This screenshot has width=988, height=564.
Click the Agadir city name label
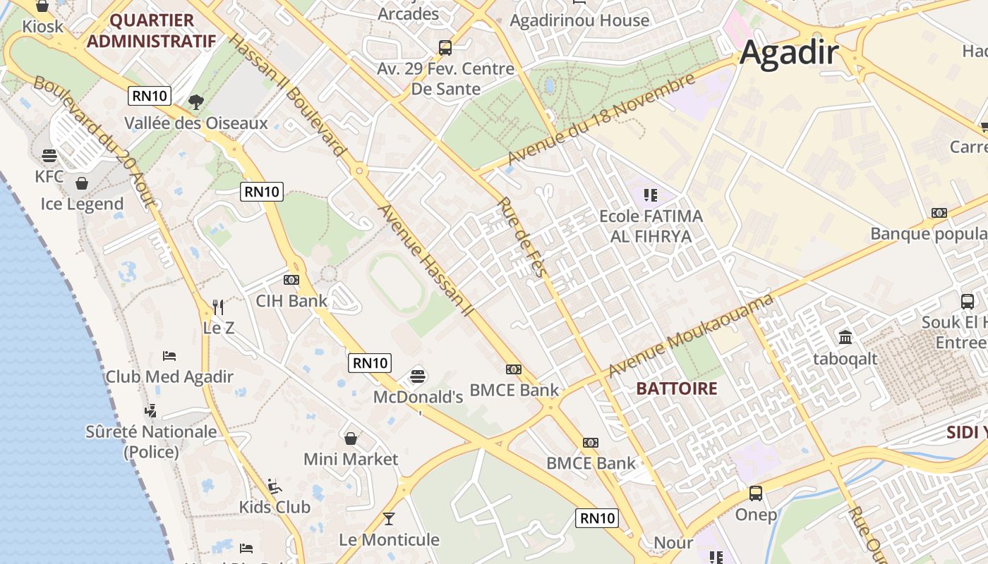coord(789,53)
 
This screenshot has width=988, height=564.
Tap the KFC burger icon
coord(49,155)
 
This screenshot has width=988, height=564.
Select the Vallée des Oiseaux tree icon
coord(195,102)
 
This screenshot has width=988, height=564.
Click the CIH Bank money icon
coord(291,280)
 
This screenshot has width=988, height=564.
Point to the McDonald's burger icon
coord(418,376)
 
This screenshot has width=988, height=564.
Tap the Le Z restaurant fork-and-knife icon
coord(218,307)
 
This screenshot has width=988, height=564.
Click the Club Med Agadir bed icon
coord(169,356)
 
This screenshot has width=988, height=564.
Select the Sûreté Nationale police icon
coord(150,410)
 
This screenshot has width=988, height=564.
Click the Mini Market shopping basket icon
coord(351,439)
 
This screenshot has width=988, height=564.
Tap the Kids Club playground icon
coord(275,486)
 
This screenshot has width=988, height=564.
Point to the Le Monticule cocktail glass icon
coord(389,519)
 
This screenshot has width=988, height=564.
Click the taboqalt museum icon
coord(845,337)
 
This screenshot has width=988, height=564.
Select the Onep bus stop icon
coord(756,493)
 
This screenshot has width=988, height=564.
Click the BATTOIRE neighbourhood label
coord(676,388)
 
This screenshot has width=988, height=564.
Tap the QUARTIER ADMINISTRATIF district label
coord(151,30)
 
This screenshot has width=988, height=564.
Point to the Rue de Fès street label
coord(523,237)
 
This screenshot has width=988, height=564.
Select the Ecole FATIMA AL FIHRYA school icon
coord(650,195)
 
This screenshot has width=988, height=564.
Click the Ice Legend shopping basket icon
coord(82,183)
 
